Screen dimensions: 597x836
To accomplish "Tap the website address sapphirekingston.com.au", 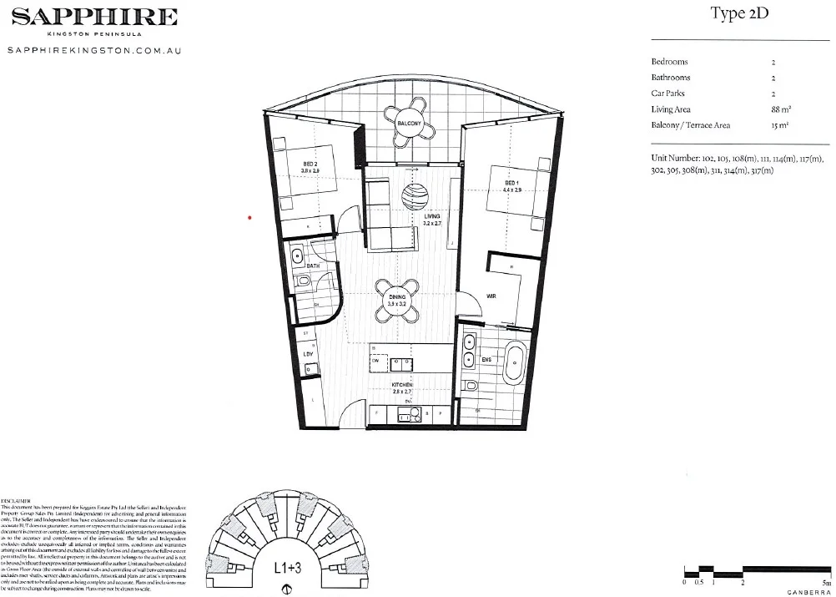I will (93, 51).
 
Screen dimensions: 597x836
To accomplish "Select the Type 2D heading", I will (739, 14).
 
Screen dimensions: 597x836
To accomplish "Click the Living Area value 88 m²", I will (779, 109).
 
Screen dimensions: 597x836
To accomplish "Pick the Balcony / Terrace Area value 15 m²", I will (779, 125).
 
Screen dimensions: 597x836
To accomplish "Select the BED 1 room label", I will (511, 183).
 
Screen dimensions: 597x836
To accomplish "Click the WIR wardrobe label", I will (492, 296).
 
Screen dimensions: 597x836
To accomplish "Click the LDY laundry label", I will (308, 354).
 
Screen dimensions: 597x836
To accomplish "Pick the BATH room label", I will (313, 266).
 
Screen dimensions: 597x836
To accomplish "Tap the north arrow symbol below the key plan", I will (287, 589).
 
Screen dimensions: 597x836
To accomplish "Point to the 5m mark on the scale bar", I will (825, 583).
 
